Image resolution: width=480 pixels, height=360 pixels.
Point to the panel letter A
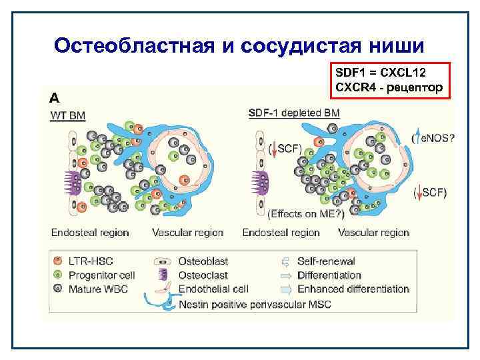point(54,97)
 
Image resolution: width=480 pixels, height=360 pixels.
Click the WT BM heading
point(68,115)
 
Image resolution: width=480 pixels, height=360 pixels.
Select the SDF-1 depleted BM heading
point(293,113)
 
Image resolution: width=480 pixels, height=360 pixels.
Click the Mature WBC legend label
point(95,289)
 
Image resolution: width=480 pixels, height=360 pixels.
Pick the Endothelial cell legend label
point(213,289)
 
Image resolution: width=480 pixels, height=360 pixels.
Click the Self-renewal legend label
point(327,261)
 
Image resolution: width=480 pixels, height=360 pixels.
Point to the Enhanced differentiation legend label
point(353,289)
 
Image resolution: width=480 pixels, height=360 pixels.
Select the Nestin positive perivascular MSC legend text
point(255,304)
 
